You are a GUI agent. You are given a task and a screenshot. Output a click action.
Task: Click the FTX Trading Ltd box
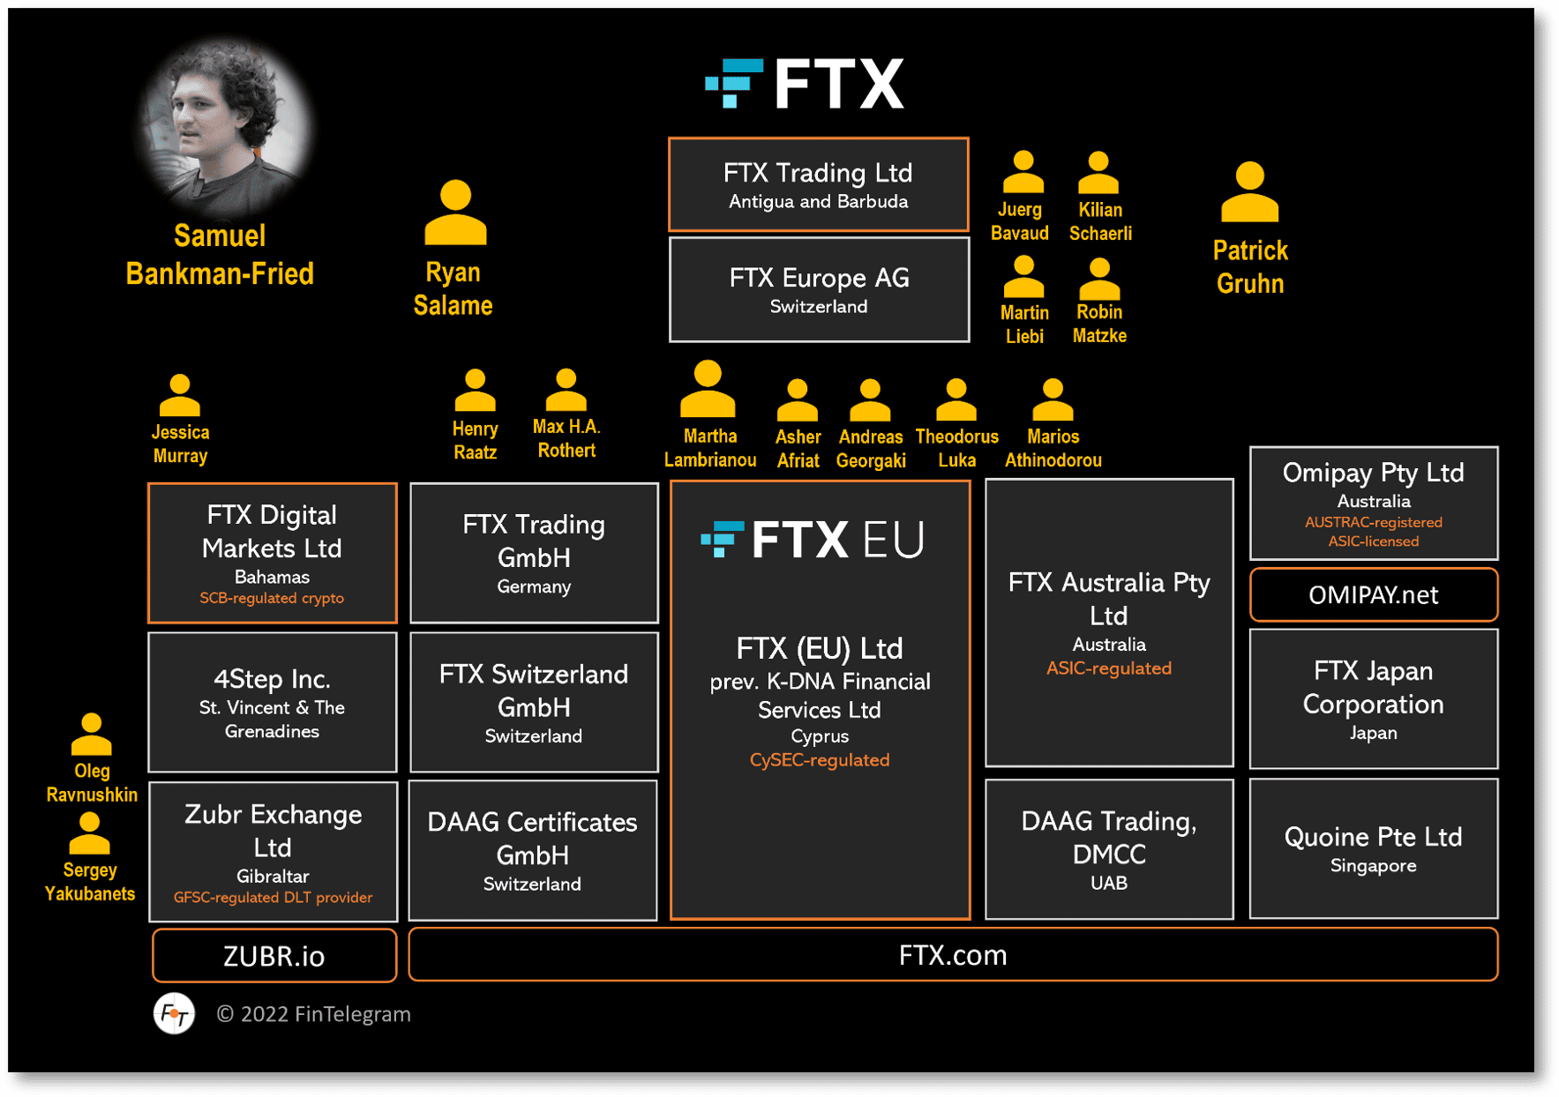click(x=818, y=184)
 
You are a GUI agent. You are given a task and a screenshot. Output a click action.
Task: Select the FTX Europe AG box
click(x=818, y=289)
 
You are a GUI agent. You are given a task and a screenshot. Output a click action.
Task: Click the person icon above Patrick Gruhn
click(x=1249, y=192)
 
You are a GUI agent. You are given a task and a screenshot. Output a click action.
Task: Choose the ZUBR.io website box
click(x=274, y=956)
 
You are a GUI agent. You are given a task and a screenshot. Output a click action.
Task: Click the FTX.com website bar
click(x=952, y=955)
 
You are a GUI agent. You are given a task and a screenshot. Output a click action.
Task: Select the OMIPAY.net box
click(x=1373, y=595)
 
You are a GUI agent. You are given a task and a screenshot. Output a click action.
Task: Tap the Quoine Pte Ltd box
click(x=1373, y=848)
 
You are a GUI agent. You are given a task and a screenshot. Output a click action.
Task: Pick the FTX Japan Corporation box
click(x=1373, y=698)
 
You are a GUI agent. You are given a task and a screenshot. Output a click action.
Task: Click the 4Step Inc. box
click(x=272, y=702)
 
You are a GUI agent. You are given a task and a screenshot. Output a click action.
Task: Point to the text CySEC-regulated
click(x=819, y=760)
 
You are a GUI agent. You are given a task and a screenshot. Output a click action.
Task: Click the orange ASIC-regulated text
click(x=1108, y=668)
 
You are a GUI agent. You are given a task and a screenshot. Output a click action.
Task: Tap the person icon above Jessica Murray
click(x=180, y=395)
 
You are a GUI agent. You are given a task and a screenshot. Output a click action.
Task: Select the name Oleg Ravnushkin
click(x=92, y=782)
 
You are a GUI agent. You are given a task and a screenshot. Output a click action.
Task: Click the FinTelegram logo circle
click(x=175, y=1014)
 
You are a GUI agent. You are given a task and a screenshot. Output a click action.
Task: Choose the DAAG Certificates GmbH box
click(x=533, y=850)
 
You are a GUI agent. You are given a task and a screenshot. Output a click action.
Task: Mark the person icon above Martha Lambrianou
click(x=708, y=389)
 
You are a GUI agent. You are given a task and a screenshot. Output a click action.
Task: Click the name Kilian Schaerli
click(x=1100, y=221)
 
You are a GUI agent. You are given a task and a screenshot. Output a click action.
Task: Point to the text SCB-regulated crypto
click(x=272, y=598)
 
